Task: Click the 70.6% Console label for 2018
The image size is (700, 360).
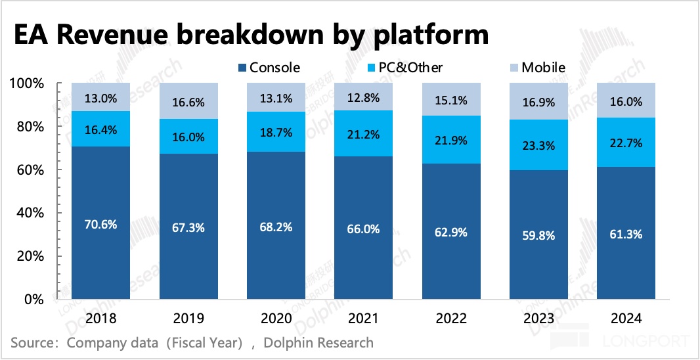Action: pos(100,224)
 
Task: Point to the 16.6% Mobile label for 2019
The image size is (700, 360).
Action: pos(188,102)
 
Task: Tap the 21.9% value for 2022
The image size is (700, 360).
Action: pos(450,139)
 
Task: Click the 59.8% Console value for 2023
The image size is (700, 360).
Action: pos(538,234)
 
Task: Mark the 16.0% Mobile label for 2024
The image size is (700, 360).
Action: pos(625,101)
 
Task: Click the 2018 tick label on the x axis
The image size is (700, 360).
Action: pos(100,319)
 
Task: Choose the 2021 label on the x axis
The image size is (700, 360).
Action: pos(363,319)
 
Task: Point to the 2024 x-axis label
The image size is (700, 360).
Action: pos(625,319)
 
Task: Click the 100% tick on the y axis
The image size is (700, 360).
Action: pos(27,83)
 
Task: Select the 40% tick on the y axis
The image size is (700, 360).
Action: pos(30,213)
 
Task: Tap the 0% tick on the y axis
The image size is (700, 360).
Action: pos(33,300)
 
